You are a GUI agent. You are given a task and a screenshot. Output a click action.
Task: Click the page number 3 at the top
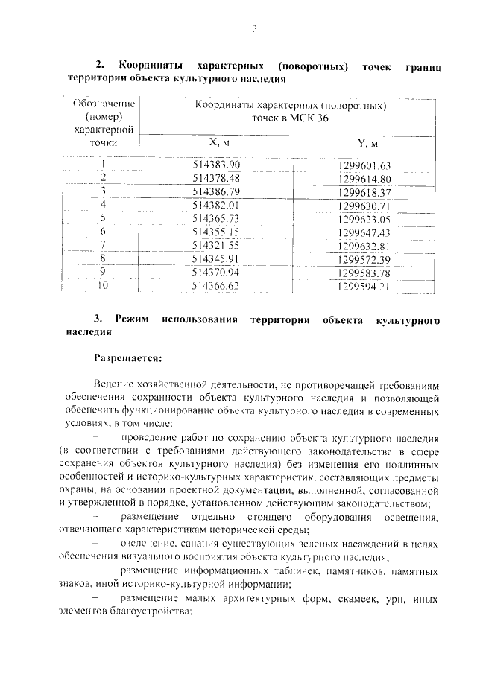pyautogui.click(x=253, y=29)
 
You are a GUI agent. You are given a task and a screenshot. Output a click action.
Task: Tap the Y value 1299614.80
pyautogui.click(x=364, y=179)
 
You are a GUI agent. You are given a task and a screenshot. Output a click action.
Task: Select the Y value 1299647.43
pyautogui.click(x=364, y=233)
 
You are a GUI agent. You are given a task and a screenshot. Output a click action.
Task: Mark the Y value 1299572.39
pyautogui.click(x=364, y=260)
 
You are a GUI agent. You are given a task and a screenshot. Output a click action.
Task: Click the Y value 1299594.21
pyautogui.click(x=364, y=287)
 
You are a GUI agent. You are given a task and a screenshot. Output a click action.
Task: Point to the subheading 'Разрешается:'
pyautogui.click(x=127, y=358)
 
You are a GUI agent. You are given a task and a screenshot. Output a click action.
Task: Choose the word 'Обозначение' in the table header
pyautogui.click(x=104, y=104)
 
